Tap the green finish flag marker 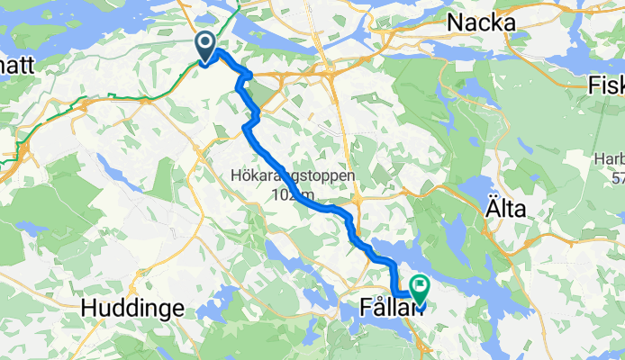pos(419,287)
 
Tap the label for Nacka pos(481,22)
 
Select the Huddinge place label pos(132,308)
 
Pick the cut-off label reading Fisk pos(605,85)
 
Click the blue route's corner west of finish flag pos(397,291)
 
